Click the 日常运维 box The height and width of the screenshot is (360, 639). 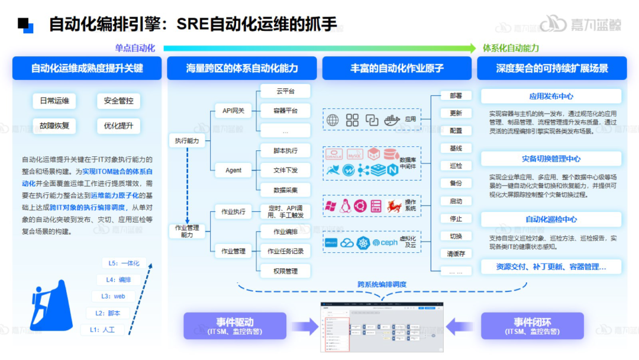pos(54,101)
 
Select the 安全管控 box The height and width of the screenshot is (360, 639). pos(118,101)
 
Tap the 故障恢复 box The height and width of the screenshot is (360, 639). pos(54,126)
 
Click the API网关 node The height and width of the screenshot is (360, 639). pos(233,110)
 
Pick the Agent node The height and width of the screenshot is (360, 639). pos(233,171)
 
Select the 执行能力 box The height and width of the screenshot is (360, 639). pos(187,141)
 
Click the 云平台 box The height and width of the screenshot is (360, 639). pos(285,91)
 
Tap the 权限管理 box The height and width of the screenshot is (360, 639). pos(285,271)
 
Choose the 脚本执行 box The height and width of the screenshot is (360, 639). pos(285,151)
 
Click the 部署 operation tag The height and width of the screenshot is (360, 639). pos(456,96)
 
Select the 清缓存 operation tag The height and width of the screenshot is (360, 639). pos(456,254)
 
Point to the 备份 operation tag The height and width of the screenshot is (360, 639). pos(456,184)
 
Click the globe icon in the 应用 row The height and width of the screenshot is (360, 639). pos(333,120)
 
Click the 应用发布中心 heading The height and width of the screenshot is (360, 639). pos(551,97)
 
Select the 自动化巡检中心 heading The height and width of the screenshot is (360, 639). pos(551,220)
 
